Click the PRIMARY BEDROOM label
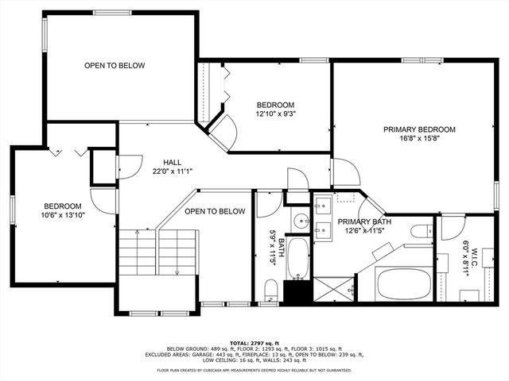click(419, 129)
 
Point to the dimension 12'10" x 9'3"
click(275, 115)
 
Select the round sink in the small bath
click(300, 220)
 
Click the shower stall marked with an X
click(332, 289)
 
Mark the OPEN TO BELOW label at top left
click(115, 65)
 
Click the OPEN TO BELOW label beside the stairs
click(215, 211)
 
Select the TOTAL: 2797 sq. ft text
click(254, 341)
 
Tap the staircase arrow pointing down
click(177, 254)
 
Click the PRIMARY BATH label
click(362, 221)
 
